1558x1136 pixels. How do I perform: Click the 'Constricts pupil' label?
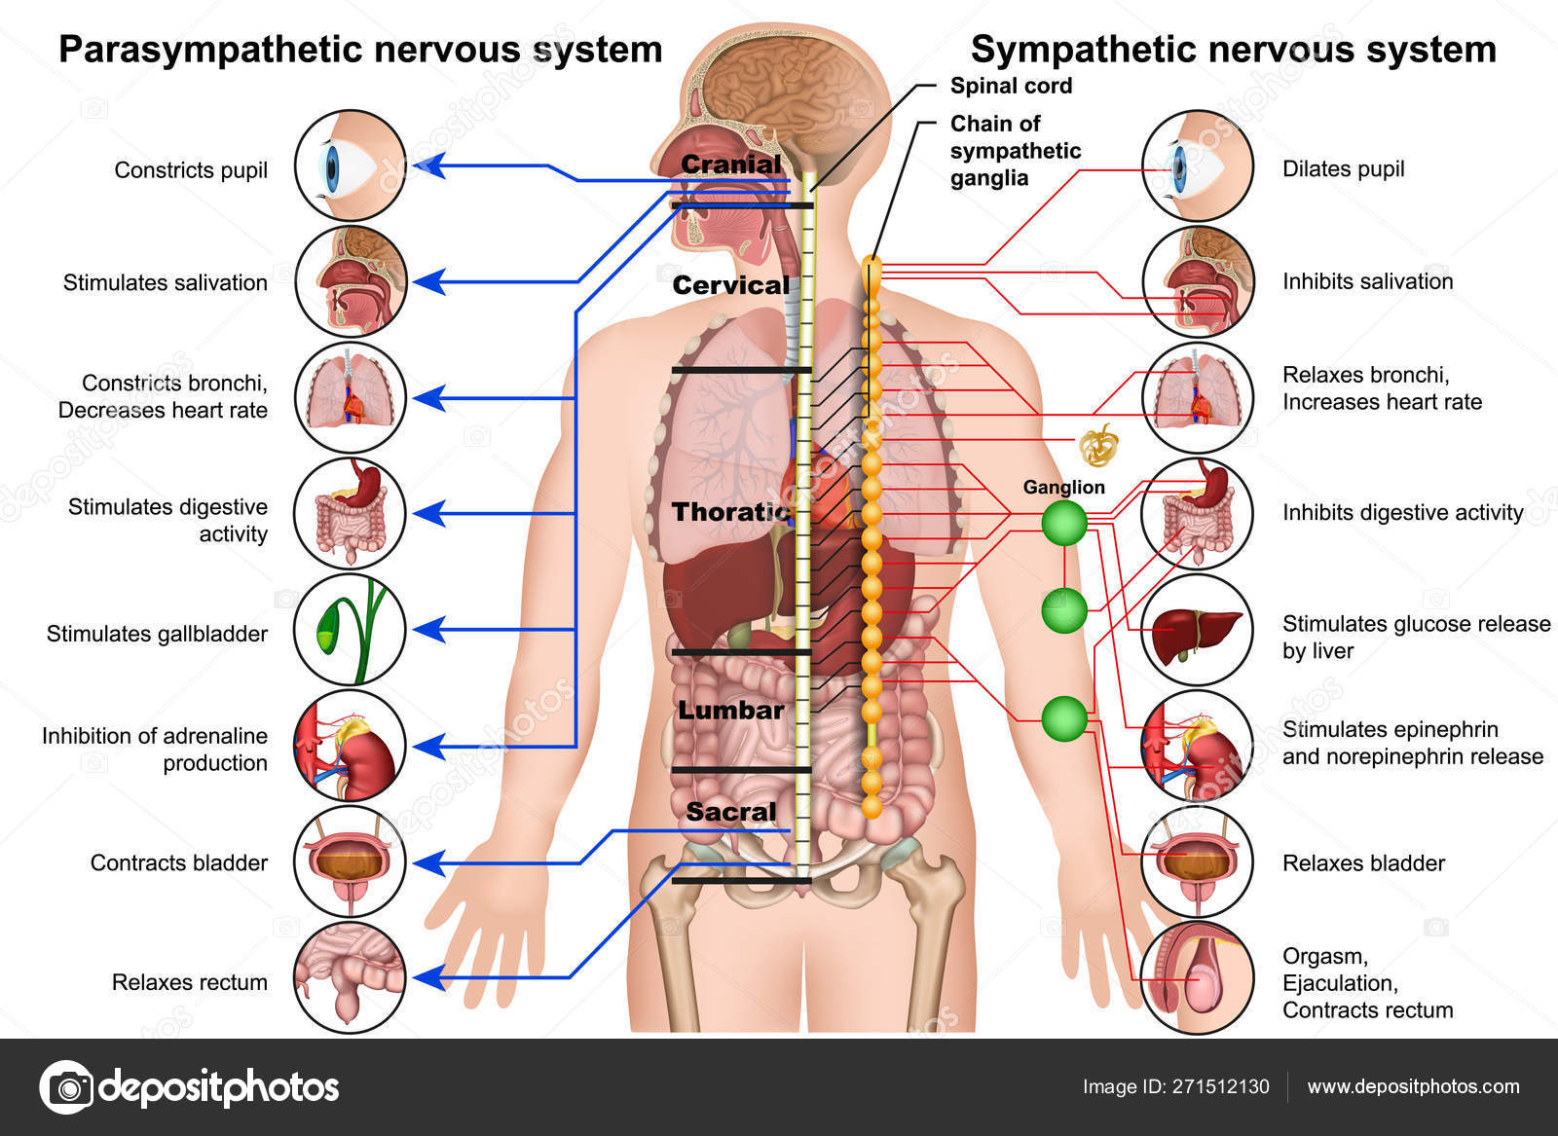click(191, 170)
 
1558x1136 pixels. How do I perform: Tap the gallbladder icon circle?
click(350, 629)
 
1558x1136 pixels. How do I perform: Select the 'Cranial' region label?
click(731, 165)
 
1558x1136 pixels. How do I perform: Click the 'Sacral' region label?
click(731, 811)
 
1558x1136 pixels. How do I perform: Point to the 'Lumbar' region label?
click(731, 710)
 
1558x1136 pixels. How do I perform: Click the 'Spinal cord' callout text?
click(1011, 86)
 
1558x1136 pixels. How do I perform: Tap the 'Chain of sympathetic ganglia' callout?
click(1016, 151)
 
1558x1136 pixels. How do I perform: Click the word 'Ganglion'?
click(1063, 487)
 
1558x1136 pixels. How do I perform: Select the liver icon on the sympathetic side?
click(1197, 629)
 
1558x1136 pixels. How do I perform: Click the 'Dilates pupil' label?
click(1343, 169)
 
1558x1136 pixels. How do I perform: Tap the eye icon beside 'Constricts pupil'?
click(350, 165)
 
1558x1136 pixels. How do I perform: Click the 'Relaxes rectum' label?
click(189, 981)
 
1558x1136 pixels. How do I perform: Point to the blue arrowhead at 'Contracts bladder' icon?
click(429, 862)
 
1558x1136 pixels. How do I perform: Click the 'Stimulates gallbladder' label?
click(157, 634)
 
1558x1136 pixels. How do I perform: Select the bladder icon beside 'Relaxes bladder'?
click(1197, 861)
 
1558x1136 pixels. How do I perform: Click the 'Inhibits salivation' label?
click(1367, 281)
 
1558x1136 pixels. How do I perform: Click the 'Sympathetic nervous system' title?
click(1233, 50)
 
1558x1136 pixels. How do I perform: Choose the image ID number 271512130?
click(1221, 1086)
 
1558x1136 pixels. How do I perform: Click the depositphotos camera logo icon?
click(67, 1087)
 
